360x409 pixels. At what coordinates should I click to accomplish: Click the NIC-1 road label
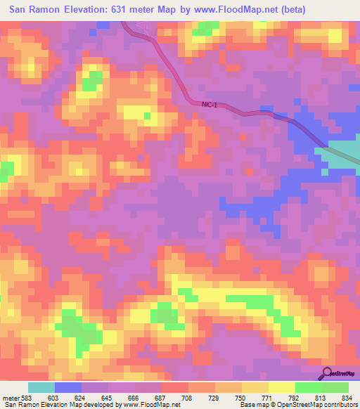point(209,105)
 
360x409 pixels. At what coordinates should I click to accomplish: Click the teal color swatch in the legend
point(41,387)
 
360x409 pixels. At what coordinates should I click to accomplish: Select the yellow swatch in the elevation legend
point(282,387)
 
